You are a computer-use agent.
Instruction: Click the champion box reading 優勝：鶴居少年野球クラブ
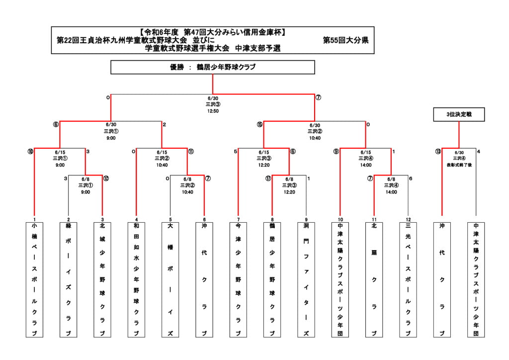pyautogui.click(x=213, y=67)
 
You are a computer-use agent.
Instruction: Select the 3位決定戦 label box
pyautogui.click(x=458, y=115)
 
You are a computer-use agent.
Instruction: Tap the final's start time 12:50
pyautogui.click(x=213, y=111)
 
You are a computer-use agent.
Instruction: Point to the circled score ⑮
pyautogui.click(x=259, y=124)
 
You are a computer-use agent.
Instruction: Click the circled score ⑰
pyautogui.click(x=268, y=178)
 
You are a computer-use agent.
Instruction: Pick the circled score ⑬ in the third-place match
pyautogui.click(x=438, y=152)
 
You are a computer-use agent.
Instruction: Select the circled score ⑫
pyautogui.click(x=106, y=178)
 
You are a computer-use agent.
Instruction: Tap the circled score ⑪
pyautogui.click(x=191, y=152)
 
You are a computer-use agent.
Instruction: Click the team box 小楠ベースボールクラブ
pyautogui.click(x=34, y=279)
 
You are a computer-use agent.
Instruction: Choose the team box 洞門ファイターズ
pyautogui.click(x=306, y=279)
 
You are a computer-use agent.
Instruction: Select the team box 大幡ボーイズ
pyautogui.click(x=170, y=279)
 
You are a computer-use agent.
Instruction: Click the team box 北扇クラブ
pyautogui.click(x=374, y=279)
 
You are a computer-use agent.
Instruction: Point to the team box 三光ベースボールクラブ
pyautogui.click(x=408, y=279)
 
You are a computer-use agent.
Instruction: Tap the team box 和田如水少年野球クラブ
pyautogui.click(x=136, y=279)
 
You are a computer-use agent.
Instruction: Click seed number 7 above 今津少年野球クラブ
pyautogui.click(x=238, y=219)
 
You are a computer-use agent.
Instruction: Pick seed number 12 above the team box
pyautogui.click(x=408, y=219)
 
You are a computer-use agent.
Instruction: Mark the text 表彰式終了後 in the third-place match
pyautogui.click(x=458, y=164)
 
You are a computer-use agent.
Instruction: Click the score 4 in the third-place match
pyautogui.click(x=479, y=152)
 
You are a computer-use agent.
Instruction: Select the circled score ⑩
pyautogui.click(x=31, y=152)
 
